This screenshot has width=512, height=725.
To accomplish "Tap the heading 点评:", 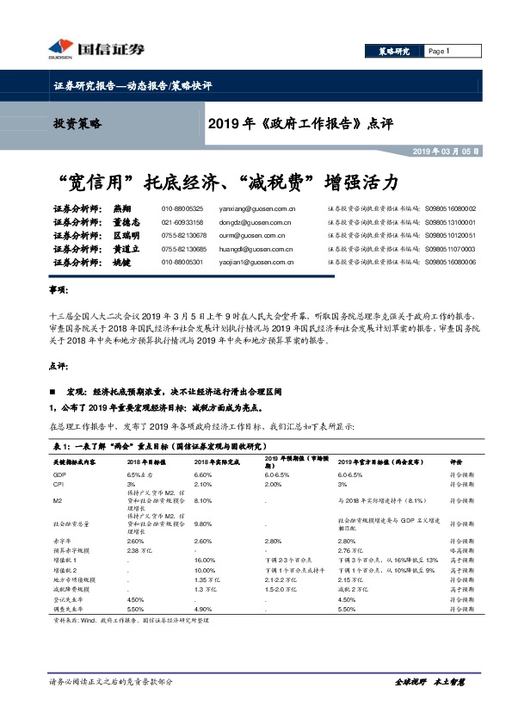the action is pyautogui.click(x=59, y=365).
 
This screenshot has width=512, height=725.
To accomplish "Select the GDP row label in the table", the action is pyautogui.click(x=59, y=474).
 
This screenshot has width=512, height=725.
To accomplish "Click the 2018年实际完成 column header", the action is pyautogui.click(x=214, y=462).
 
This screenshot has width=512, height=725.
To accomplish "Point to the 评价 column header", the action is pyautogui.click(x=456, y=462).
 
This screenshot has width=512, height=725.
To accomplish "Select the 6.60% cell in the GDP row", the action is pyautogui.click(x=203, y=474).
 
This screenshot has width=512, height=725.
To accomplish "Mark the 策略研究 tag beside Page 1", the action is pyautogui.click(x=395, y=51).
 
